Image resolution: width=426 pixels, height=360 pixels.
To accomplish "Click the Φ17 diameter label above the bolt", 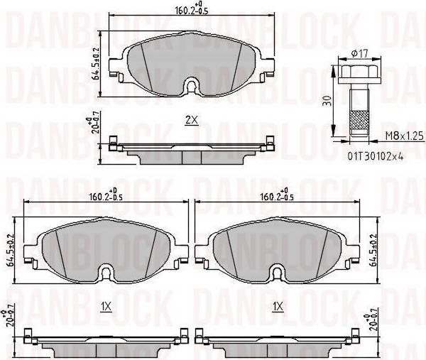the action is [x=359, y=53].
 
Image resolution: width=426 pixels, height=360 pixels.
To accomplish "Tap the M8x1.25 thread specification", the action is [x=404, y=136].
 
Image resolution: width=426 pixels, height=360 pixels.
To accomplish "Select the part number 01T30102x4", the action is [x=375, y=156].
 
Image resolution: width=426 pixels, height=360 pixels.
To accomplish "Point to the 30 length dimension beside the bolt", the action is [x=328, y=100].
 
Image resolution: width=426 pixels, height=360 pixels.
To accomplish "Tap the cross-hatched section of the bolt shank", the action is [x=359, y=121].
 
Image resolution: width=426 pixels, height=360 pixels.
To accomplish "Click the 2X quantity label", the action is [x=192, y=120].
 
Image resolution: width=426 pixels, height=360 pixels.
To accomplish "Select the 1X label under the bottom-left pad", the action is [x=106, y=307].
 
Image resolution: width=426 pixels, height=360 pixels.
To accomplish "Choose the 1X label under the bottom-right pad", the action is [x=278, y=307].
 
